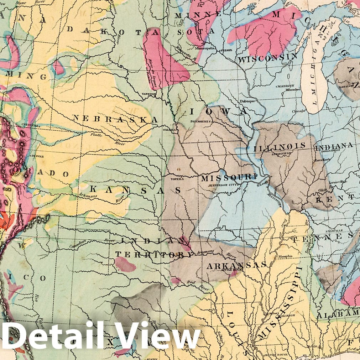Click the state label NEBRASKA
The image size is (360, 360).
click(115, 119)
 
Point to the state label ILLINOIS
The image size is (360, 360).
click(280, 146)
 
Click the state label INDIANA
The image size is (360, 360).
click(334, 145)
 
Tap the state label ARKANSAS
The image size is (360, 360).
click(236, 265)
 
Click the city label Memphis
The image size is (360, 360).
click(285, 256)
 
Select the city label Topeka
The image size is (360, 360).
click(177, 179)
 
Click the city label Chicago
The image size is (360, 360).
click(298, 111)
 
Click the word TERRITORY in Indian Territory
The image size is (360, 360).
click(154, 254)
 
